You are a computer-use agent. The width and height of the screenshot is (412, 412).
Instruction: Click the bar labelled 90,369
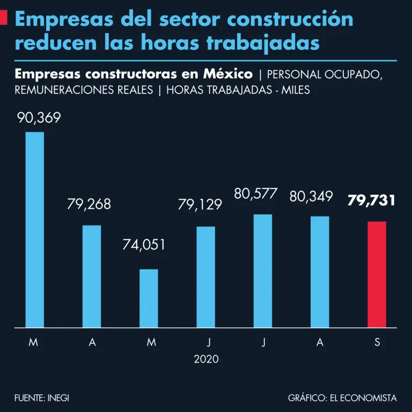click(x=35, y=230)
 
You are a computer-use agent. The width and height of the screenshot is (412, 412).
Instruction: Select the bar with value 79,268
click(x=92, y=276)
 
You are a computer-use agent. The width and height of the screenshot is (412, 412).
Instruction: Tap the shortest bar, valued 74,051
click(x=149, y=298)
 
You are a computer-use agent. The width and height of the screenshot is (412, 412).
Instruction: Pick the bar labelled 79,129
click(x=205, y=277)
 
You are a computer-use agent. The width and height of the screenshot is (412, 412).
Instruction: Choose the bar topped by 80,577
click(x=263, y=271)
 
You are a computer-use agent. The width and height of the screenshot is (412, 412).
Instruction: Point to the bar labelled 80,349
click(x=320, y=272)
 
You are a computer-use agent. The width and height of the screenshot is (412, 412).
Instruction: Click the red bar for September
click(x=377, y=274)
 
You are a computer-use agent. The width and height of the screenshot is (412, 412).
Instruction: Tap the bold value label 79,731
click(x=371, y=201)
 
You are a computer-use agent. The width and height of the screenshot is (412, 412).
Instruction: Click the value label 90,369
click(x=39, y=118)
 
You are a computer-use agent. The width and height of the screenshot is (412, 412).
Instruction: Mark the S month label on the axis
click(x=377, y=343)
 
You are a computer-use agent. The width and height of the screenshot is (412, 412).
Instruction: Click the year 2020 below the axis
click(x=206, y=359)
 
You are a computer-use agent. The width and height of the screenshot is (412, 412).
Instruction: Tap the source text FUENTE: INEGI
click(x=42, y=398)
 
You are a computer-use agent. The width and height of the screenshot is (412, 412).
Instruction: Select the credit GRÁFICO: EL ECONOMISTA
click(x=342, y=398)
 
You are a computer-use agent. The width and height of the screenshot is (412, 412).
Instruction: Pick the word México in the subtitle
click(x=231, y=73)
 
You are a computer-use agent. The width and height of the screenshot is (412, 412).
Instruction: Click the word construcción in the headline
click(x=290, y=19)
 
